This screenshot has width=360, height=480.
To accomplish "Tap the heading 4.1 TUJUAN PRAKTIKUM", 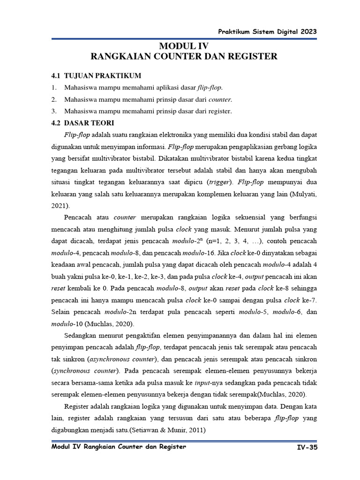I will (96, 75).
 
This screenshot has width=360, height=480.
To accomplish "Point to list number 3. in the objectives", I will (54, 111).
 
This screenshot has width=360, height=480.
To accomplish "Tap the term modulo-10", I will (66, 323).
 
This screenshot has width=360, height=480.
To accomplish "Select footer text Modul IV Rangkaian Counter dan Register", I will (119, 447).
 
